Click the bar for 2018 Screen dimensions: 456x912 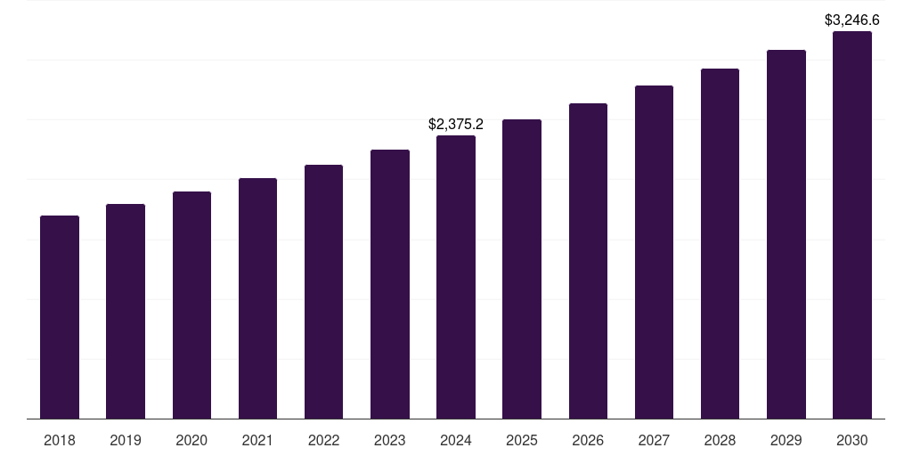[x=60, y=317]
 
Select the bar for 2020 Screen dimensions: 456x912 [x=191, y=305]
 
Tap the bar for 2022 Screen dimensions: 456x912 [x=323, y=291]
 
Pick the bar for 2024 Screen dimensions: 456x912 [x=456, y=277]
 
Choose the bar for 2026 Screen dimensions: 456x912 [x=588, y=261]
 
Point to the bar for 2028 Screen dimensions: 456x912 [x=720, y=243]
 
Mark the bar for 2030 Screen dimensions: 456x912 [x=852, y=224]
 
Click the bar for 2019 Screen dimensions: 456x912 [x=126, y=311]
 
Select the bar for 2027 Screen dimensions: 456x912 [x=654, y=252]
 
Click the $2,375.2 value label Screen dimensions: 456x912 [x=456, y=124]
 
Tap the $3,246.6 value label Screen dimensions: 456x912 [x=852, y=19]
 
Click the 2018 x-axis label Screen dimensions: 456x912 [x=60, y=440]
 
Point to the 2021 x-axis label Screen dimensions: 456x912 [x=257, y=440]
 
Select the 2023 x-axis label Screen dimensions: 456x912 [x=390, y=440]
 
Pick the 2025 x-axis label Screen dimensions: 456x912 [x=522, y=440]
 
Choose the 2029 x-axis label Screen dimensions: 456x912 [x=786, y=440]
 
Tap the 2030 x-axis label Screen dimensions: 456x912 [x=852, y=440]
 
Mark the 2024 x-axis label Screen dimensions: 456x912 [x=456, y=440]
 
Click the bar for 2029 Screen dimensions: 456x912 [x=786, y=234]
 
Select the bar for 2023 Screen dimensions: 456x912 [x=390, y=284]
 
